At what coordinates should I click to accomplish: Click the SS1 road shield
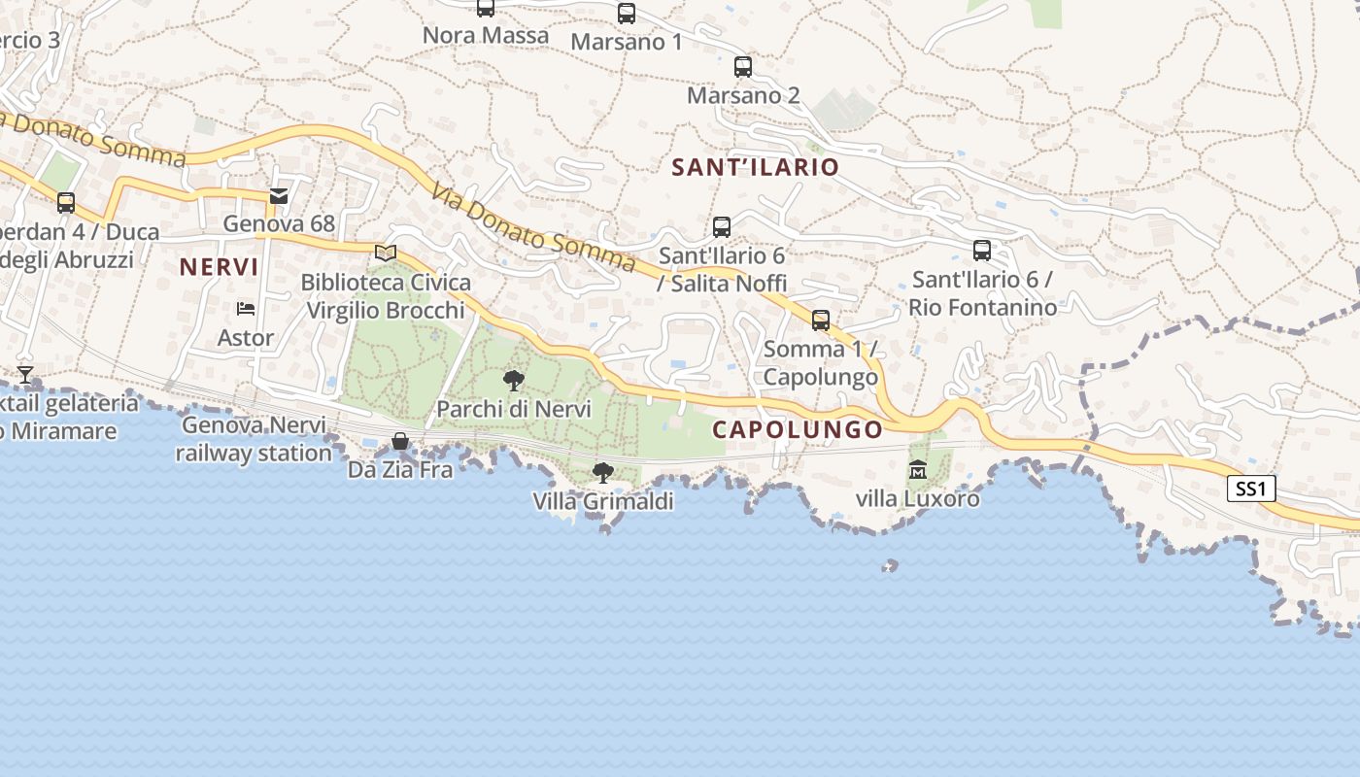tap(1251, 489)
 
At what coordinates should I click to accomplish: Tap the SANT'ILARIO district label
tap(755, 167)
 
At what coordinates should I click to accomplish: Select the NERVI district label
tap(220, 267)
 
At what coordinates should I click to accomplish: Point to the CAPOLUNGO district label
tap(798, 429)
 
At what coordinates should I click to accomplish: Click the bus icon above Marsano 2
tap(743, 67)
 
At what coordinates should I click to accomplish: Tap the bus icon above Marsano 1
tap(627, 14)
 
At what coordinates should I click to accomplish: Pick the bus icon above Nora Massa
tap(486, 8)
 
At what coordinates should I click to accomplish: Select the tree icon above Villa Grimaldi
tap(603, 473)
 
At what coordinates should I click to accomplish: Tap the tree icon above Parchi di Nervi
tap(514, 380)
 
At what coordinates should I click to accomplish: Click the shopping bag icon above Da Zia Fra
tap(400, 442)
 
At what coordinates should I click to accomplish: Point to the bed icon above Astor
tap(246, 309)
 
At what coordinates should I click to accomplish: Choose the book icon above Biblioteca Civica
tap(386, 253)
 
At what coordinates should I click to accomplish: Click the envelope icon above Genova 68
tap(279, 196)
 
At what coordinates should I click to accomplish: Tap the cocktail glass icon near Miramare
tap(25, 374)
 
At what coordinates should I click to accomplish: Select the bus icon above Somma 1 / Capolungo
tap(821, 321)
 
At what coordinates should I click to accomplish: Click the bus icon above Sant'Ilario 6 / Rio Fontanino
tap(982, 251)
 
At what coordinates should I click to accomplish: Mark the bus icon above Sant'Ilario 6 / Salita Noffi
tap(722, 227)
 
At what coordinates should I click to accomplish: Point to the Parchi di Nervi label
tap(514, 409)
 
